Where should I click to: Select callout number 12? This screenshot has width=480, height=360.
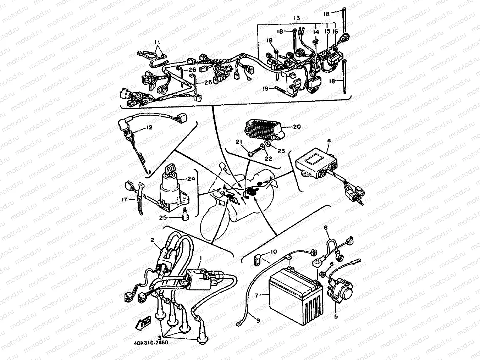pyautogui.click(x=149, y=127)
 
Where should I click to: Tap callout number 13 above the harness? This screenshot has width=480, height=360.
pyautogui.click(x=297, y=18)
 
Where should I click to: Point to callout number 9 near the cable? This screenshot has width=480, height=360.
pyautogui.click(x=258, y=320)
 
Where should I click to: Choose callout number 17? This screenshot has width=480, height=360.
pyautogui.click(x=124, y=200)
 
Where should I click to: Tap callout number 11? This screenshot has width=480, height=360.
pyautogui.click(x=157, y=42)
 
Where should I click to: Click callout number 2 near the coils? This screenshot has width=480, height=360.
pyautogui.click(x=152, y=240)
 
